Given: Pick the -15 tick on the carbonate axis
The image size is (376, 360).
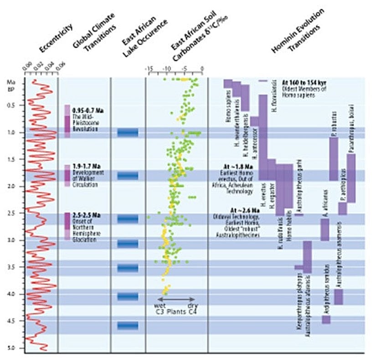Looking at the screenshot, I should [x=149, y=69].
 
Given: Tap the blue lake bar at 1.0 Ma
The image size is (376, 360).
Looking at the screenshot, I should [x=128, y=133].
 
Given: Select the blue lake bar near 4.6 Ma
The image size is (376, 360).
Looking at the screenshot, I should [x=128, y=325].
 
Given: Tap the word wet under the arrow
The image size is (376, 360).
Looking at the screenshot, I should [x=160, y=306].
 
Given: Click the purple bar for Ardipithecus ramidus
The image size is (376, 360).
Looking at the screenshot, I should [x=326, y=319].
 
